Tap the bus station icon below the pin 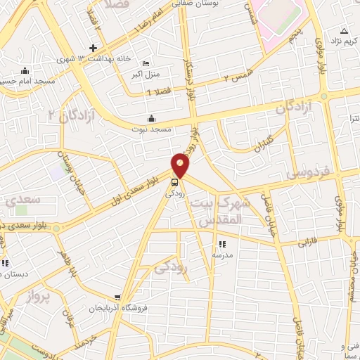174,181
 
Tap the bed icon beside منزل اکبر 146,62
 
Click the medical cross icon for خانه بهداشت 92,47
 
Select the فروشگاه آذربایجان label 116,308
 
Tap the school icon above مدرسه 222,244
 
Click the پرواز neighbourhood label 40,297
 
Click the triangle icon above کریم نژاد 344,31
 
